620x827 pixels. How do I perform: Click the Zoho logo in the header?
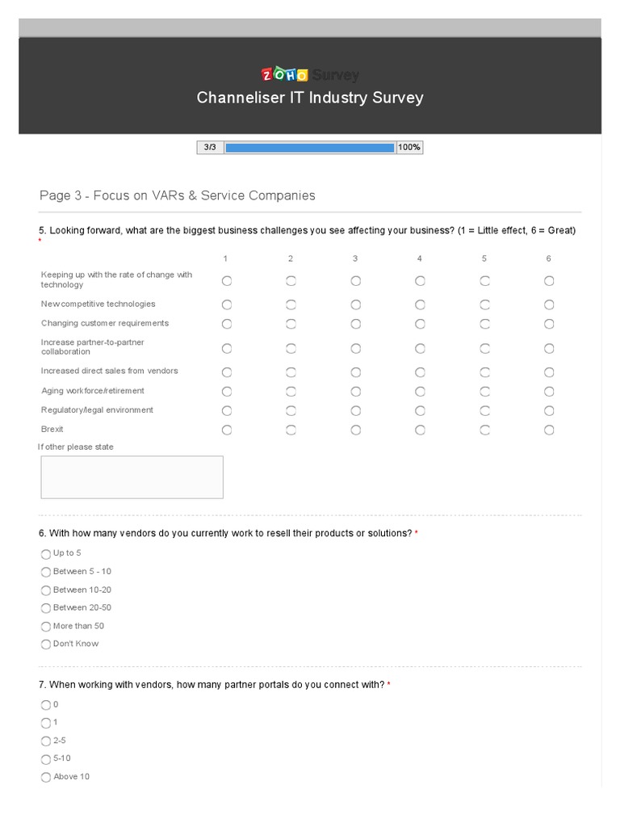click(x=284, y=75)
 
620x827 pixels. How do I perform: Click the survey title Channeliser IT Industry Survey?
click(x=310, y=98)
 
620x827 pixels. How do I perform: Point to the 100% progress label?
click(x=409, y=148)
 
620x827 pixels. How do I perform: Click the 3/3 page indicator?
click(x=210, y=148)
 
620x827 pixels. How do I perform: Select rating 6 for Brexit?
click(x=549, y=430)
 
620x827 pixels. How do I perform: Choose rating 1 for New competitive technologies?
click(x=227, y=304)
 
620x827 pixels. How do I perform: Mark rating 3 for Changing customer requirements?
click(x=355, y=324)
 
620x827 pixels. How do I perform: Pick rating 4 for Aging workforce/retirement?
click(x=420, y=392)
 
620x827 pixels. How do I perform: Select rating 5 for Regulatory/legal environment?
click(x=484, y=410)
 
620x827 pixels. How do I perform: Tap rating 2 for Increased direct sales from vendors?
click(x=291, y=372)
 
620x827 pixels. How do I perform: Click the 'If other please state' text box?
click(x=132, y=477)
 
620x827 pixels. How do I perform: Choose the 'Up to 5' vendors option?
click(x=46, y=554)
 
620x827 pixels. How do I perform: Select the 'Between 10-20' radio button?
click(x=46, y=590)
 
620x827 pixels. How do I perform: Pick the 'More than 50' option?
click(x=46, y=627)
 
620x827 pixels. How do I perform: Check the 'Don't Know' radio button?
click(x=46, y=644)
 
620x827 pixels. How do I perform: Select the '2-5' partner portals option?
click(x=46, y=741)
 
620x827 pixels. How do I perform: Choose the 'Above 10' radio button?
click(x=46, y=777)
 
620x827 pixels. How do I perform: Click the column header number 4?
click(x=420, y=258)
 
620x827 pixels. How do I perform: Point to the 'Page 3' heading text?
click(x=177, y=195)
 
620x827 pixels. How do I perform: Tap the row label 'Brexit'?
click(x=52, y=430)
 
